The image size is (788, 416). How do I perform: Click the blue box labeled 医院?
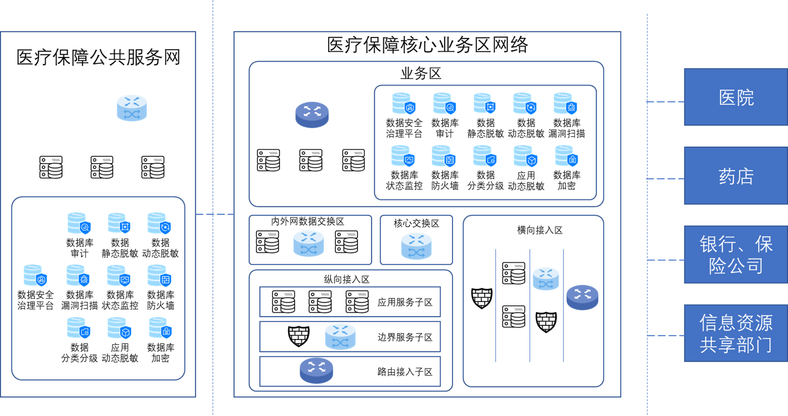click(x=736, y=97)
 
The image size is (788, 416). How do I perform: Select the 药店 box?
click(x=736, y=176)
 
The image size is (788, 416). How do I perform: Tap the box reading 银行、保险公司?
click(x=736, y=255)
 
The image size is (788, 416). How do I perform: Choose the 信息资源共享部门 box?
click(x=736, y=333)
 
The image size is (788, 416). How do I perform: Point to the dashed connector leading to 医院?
click(x=665, y=102)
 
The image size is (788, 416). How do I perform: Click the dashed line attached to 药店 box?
click(x=665, y=179)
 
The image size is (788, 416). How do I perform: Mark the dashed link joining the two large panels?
click(x=215, y=214)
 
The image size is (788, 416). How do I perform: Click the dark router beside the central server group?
click(x=312, y=114)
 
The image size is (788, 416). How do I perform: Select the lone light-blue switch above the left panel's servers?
click(x=132, y=108)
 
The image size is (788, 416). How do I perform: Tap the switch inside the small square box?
click(x=416, y=246)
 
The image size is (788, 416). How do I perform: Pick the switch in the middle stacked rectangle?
click(x=340, y=336)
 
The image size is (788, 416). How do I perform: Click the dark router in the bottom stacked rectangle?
click(x=317, y=370)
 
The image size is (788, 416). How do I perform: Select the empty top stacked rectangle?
click(x=350, y=301)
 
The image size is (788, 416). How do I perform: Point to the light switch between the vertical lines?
click(x=546, y=279)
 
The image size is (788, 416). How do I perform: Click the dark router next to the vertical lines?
click(x=582, y=297)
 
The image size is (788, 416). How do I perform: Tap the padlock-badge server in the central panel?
click(x=567, y=156)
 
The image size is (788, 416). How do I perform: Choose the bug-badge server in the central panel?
click(x=565, y=104)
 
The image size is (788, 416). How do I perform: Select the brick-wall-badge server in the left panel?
click(x=159, y=276)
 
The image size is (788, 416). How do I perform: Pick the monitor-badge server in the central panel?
click(x=403, y=156)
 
